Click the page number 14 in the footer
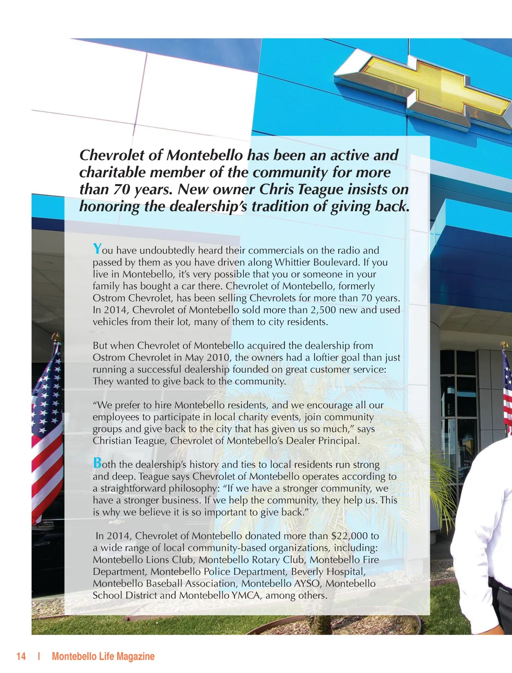coord(21,656)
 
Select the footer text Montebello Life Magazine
coord(103,656)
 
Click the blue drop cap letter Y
coord(97,248)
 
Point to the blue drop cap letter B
coord(97,463)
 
